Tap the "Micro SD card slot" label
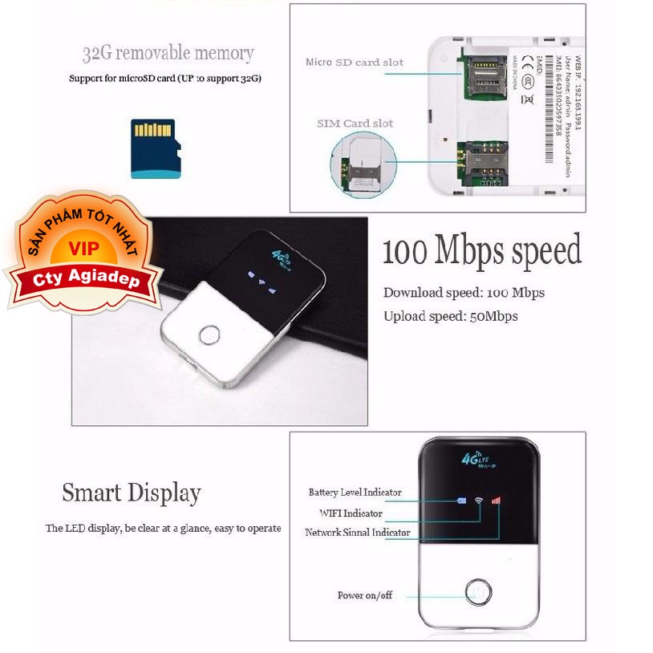[x=354, y=63]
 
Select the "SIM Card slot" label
[x=355, y=124]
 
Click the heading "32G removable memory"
[x=168, y=55]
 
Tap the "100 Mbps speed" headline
[x=481, y=251]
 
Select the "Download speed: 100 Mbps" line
[x=464, y=293]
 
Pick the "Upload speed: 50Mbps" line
[x=450, y=316]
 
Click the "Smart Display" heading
[x=131, y=492]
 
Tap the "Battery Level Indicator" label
[x=355, y=493]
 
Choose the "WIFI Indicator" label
[x=351, y=513]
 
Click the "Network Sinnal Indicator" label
[x=357, y=533]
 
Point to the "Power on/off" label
[x=365, y=595]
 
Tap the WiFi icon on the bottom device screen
[x=478, y=501]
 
